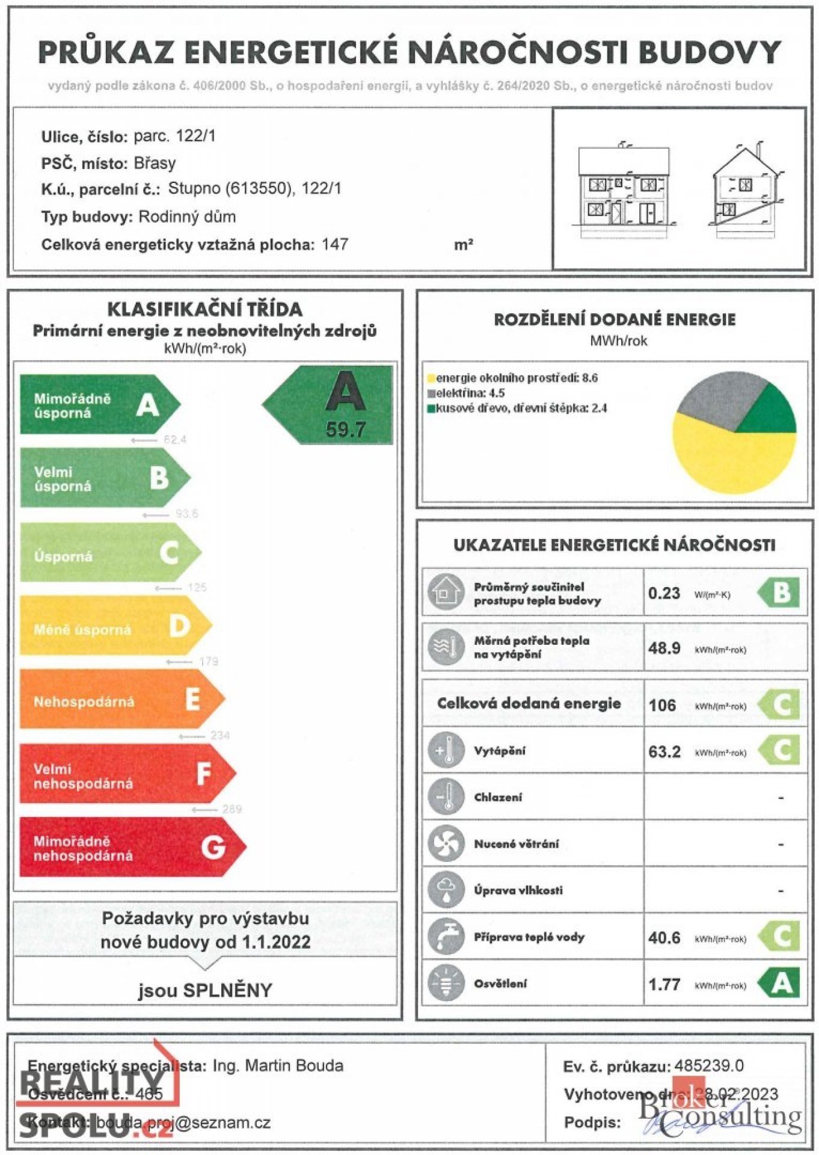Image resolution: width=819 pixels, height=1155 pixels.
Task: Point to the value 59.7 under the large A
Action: tap(345, 430)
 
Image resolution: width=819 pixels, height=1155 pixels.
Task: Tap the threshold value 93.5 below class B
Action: tap(186, 514)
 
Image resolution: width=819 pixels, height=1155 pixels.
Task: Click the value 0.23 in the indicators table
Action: tap(664, 593)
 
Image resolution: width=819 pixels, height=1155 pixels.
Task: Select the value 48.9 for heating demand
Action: tap(664, 648)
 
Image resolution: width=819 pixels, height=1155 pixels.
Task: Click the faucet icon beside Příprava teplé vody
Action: tap(446, 936)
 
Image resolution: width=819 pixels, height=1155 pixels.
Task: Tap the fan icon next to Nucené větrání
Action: tap(446, 843)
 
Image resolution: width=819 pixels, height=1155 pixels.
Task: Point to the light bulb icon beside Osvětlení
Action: tap(446, 983)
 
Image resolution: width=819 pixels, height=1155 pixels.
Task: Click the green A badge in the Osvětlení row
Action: tap(781, 983)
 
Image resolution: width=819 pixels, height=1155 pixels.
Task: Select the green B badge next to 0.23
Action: tap(781, 593)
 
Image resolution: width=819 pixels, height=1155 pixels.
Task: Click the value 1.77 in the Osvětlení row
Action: tap(664, 984)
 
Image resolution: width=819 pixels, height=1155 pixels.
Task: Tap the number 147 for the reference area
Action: tap(334, 244)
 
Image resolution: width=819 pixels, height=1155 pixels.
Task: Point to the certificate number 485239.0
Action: tap(708, 1066)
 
